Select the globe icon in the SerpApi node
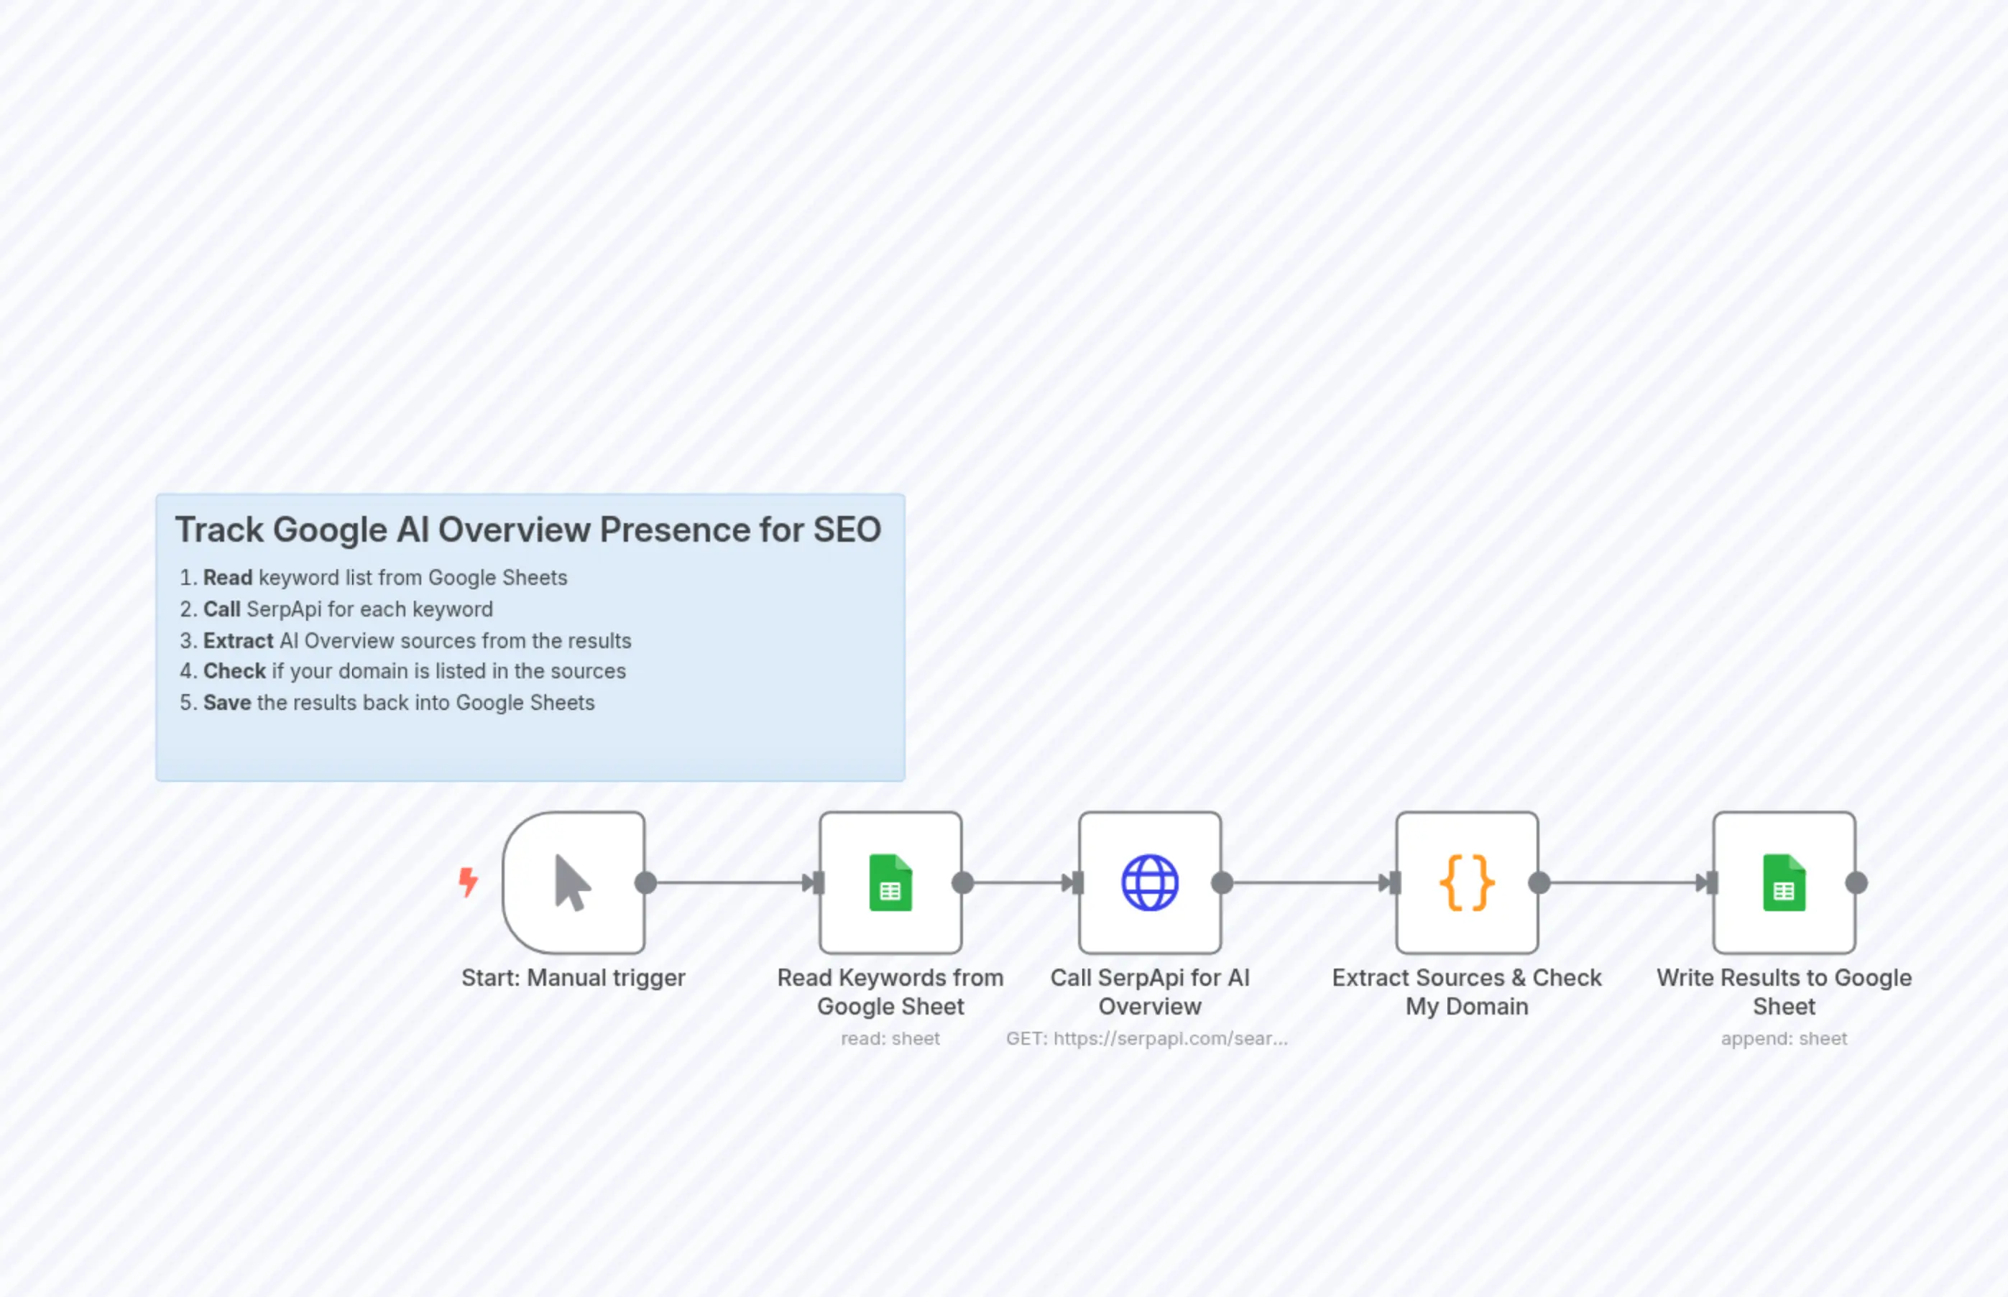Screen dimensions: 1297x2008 (x=1150, y=882)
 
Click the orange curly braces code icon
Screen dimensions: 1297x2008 (x=1466, y=882)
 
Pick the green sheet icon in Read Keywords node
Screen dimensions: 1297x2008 (x=890, y=882)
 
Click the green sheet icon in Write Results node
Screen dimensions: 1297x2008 (x=1783, y=882)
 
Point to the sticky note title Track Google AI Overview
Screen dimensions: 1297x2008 (x=528, y=530)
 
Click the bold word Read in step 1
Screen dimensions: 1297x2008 (x=227, y=578)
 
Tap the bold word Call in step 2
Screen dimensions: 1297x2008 (x=221, y=609)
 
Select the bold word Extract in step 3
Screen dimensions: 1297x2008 (x=239, y=641)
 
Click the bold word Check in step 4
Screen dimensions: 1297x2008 (x=234, y=671)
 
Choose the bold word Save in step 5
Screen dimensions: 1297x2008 (x=226, y=703)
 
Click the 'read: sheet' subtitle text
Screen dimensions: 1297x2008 (x=890, y=1038)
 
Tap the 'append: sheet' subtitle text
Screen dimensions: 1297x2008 (x=1783, y=1038)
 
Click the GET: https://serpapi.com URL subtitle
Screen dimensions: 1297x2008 (x=1146, y=1038)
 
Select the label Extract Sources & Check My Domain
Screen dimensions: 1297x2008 (x=1466, y=992)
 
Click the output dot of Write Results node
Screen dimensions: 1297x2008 (x=1856, y=882)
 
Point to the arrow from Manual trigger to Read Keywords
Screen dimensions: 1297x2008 (x=729, y=882)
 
